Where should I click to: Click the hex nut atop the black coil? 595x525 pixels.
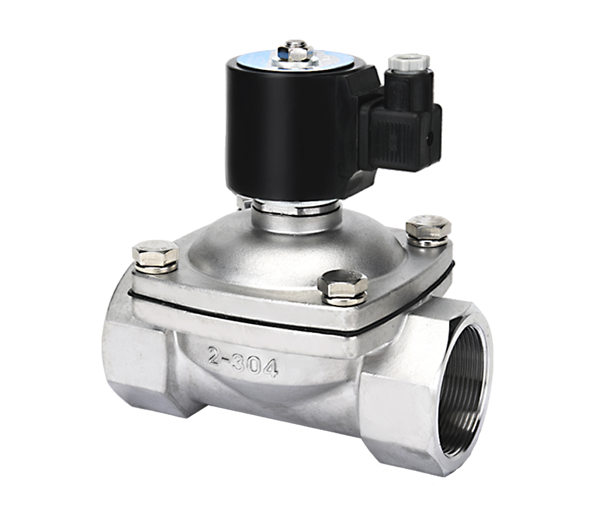[x=293, y=52]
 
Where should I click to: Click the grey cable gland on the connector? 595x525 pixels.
[x=409, y=62]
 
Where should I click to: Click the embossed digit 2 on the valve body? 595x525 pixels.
[x=215, y=356]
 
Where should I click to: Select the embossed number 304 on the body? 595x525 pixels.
[x=255, y=365]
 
